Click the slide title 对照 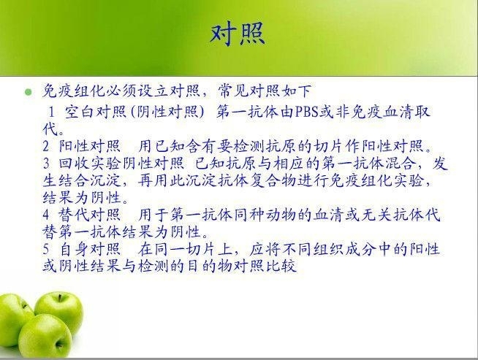[x=238, y=34]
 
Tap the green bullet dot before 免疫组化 [x=28, y=92]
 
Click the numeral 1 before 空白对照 [x=51, y=112]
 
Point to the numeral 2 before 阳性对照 [x=46, y=146]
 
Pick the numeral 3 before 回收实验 [x=46, y=164]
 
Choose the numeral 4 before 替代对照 [x=46, y=215]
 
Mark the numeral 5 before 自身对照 [x=46, y=249]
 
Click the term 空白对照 [x=96, y=112]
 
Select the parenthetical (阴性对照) [x=167, y=112]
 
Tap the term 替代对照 [x=89, y=215]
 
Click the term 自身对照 [x=90, y=249]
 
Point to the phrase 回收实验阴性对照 [x=121, y=164]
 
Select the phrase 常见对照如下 [x=265, y=91]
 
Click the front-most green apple [x=45, y=336]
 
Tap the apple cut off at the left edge [x=12, y=320]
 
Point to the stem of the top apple [x=60, y=297]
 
